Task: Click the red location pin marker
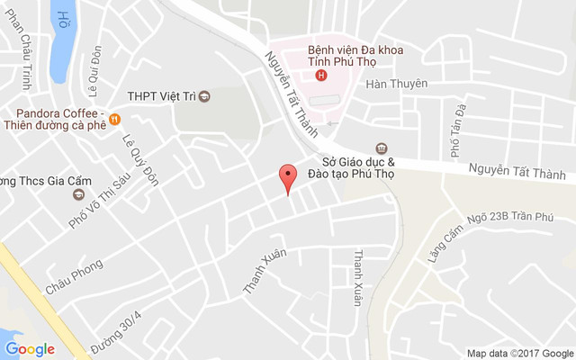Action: click(288, 176)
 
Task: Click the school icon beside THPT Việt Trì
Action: click(204, 96)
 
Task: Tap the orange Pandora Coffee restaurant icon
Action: click(114, 119)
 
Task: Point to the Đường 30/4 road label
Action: click(116, 335)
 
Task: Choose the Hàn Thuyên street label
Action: click(396, 85)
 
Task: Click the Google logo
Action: click(30, 349)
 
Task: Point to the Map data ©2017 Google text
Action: click(519, 353)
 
